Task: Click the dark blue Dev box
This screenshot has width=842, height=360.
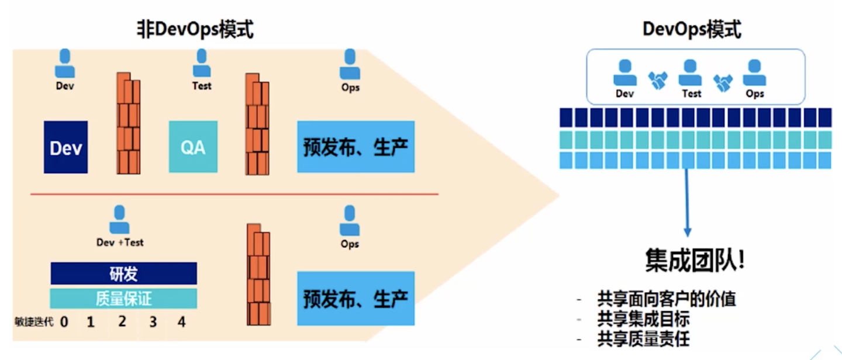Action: click(65, 147)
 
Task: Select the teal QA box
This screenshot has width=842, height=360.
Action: click(193, 147)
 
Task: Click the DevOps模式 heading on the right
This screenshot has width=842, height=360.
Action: click(692, 29)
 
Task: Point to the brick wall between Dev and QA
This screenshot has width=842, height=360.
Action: click(129, 124)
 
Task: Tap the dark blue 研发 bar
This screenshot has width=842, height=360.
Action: click(123, 273)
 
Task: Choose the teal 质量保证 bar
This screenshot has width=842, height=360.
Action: click(123, 298)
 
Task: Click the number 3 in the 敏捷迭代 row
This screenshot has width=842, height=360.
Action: click(153, 321)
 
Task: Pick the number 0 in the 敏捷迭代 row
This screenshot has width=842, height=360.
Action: click(64, 321)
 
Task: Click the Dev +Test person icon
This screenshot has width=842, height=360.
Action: click(119, 220)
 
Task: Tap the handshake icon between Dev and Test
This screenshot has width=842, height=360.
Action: click(658, 80)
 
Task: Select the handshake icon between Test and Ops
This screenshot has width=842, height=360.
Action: click(723, 83)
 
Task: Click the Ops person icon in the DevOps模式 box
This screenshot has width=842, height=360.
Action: click(754, 74)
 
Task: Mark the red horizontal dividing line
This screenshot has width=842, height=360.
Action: click(234, 193)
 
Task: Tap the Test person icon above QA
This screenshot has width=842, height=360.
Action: click(201, 63)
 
